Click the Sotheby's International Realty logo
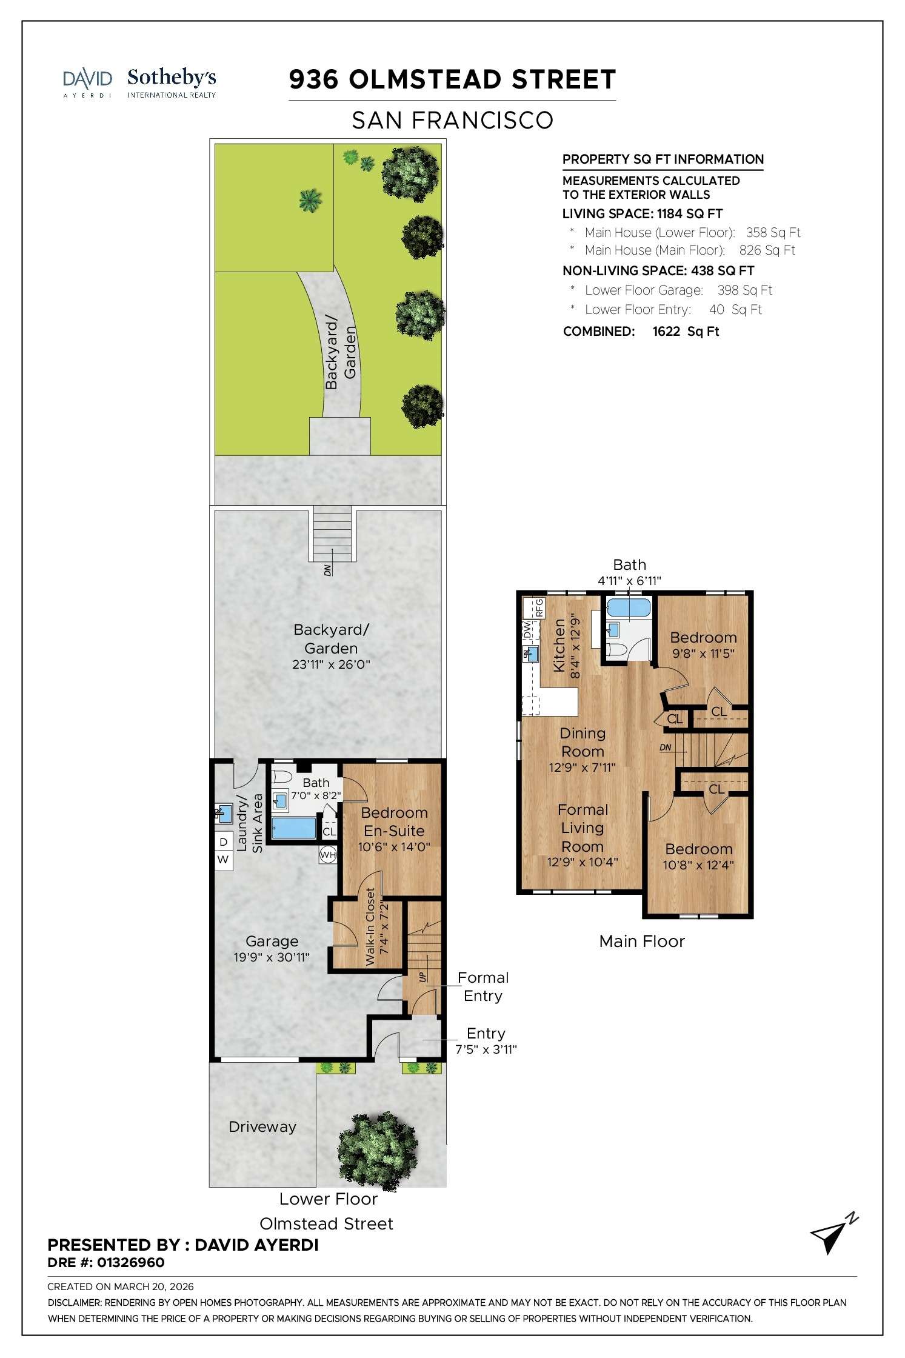[172, 83]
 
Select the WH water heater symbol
[327, 855]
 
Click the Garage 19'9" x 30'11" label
[272, 949]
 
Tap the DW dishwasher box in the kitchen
[527, 630]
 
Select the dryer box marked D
[224, 841]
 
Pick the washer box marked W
[224, 860]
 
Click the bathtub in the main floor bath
[628, 607]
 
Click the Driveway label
[262, 1127]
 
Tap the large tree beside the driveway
[377, 1145]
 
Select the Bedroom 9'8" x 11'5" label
[703, 645]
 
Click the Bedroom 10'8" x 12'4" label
[698, 856]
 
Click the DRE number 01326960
[130, 1262]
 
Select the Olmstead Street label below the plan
[326, 1223]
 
